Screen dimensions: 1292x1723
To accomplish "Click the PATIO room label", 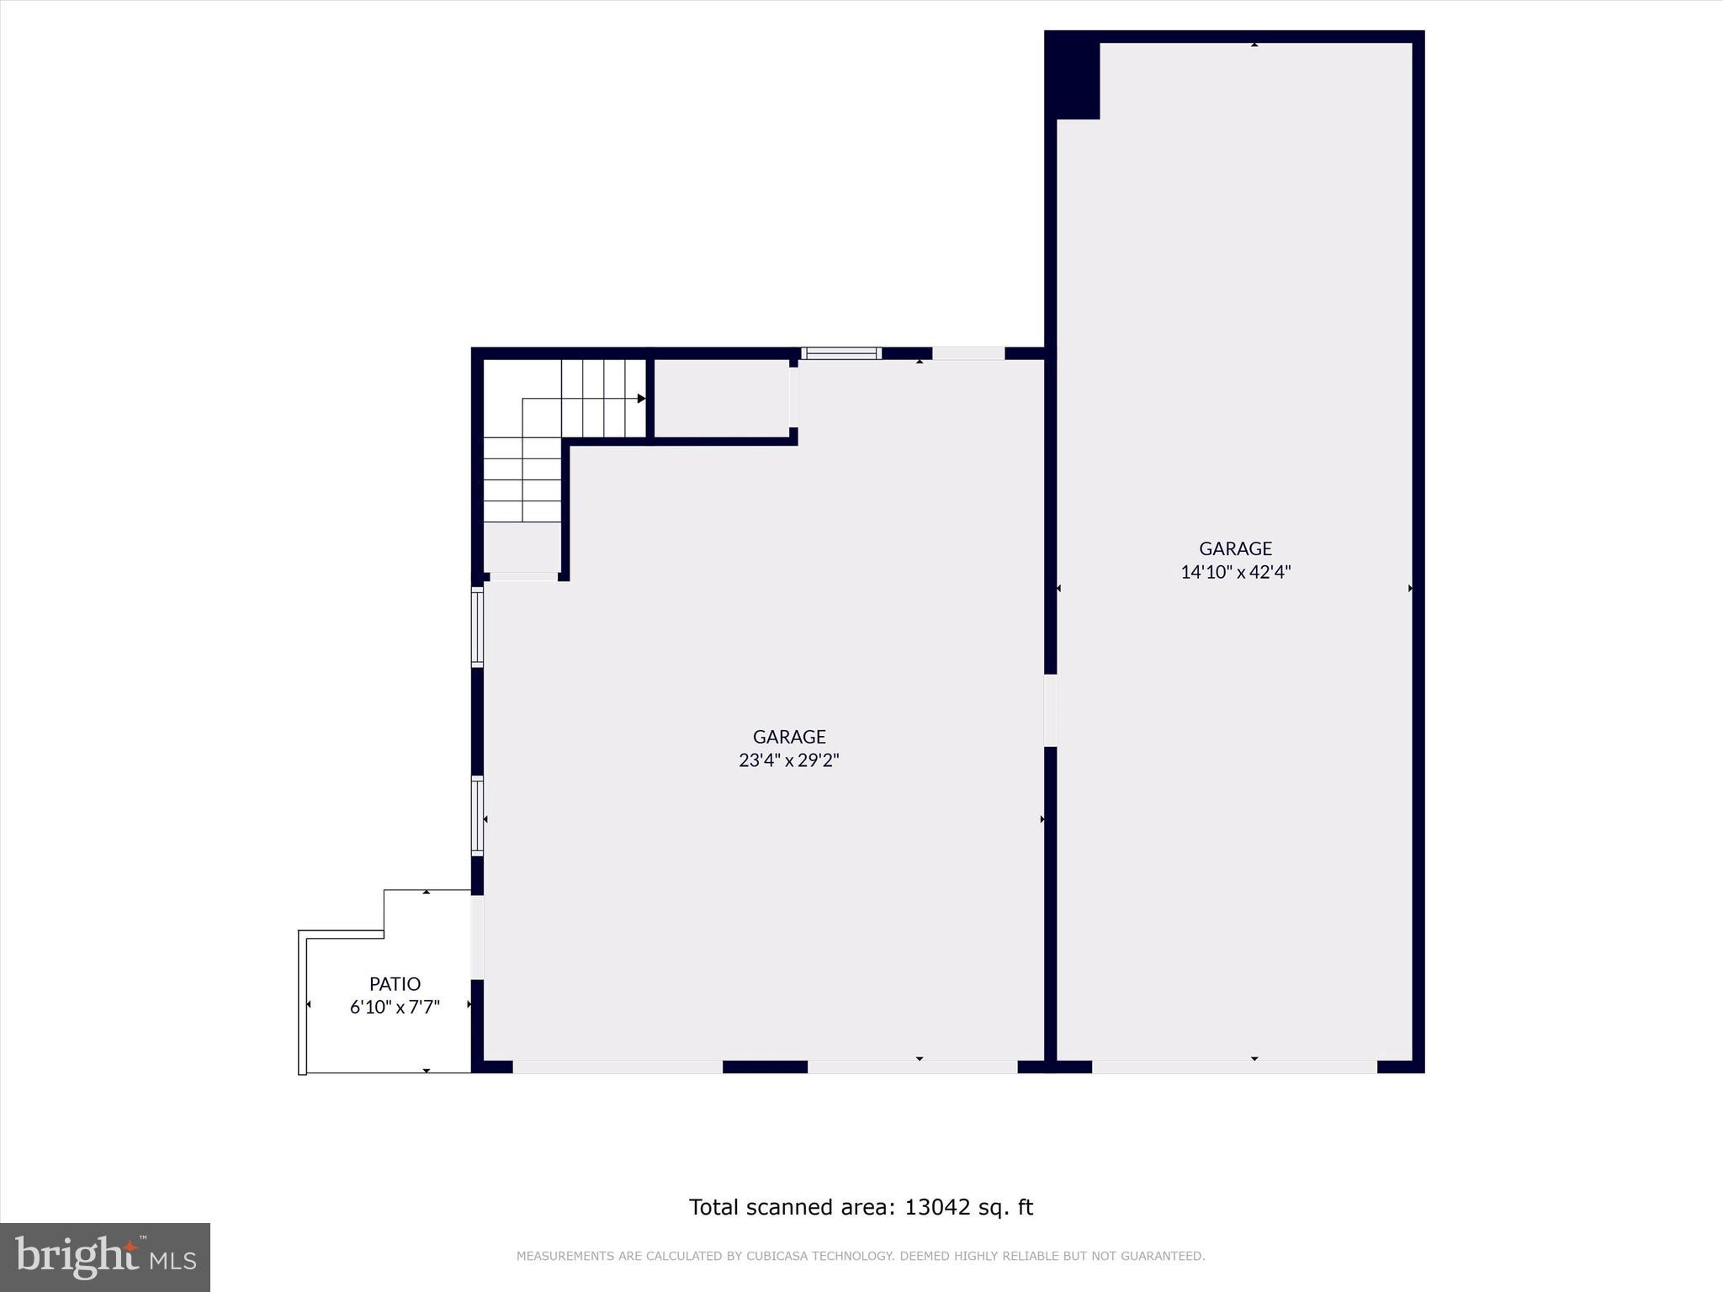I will pyautogui.click(x=395, y=983).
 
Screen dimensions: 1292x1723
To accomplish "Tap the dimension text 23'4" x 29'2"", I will pyautogui.click(x=789, y=760).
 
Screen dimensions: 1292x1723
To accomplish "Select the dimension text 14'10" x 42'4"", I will pyautogui.click(x=1235, y=572).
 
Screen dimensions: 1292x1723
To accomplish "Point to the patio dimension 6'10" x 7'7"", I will pyautogui.click(x=395, y=1007).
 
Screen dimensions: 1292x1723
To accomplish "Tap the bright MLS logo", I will pyautogui.click(x=105, y=1257).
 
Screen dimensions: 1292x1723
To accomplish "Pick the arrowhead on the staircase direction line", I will pyautogui.click(x=641, y=399).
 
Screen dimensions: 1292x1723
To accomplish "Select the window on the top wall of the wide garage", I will pyautogui.click(x=841, y=353).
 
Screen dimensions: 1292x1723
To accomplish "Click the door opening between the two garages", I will pyautogui.click(x=1050, y=711).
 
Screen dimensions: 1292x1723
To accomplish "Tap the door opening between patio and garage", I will pyautogui.click(x=477, y=937).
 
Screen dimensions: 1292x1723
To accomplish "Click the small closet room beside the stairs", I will pyautogui.click(x=722, y=398).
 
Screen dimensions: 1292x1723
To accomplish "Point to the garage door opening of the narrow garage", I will pyautogui.click(x=1234, y=1067).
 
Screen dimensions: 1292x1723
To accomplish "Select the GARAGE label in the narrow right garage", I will pyautogui.click(x=1235, y=548).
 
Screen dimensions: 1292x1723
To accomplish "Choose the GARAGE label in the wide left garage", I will pyautogui.click(x=789, y=737).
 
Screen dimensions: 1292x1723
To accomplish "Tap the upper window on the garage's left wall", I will pyautogui.click(x=477, y=627).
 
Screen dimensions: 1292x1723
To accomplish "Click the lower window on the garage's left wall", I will pyautogui.click(x=477, y=816).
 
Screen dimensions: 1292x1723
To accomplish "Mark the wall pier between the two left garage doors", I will pyautogui.click(x=765, y=1067).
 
